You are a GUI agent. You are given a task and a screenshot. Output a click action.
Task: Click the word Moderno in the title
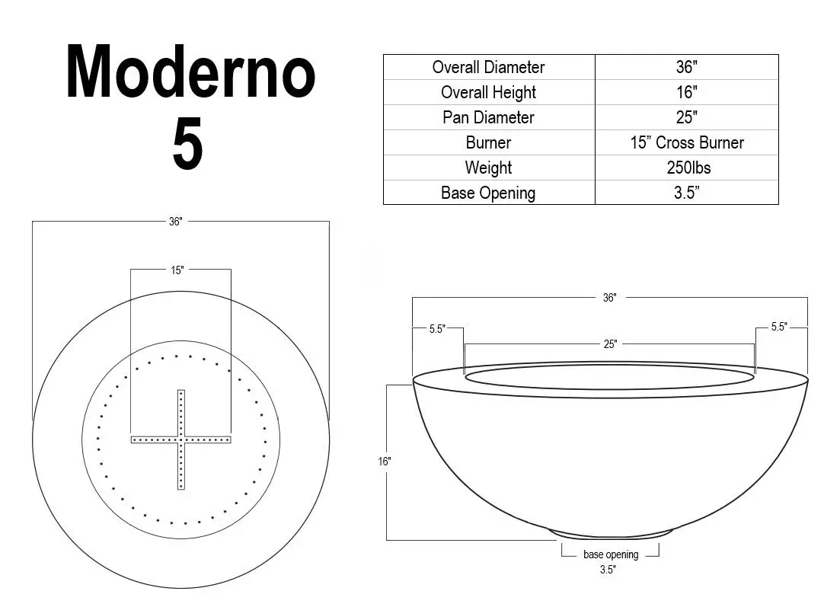coord(190,73)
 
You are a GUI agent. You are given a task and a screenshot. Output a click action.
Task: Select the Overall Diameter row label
coord(488,67)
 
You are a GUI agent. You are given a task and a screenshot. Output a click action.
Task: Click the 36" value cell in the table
coord(686,67)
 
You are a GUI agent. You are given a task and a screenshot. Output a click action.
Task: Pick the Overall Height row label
coord(488,92)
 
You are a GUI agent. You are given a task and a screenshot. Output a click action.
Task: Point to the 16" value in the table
coord(686,92)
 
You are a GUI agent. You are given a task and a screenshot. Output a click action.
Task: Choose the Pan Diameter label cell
coord(488,117)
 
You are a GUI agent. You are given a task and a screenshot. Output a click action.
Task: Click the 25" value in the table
coord(686,117)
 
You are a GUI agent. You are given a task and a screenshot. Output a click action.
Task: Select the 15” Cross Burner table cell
coord(686,142)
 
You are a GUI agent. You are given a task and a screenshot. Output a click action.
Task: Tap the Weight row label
coord(488,168)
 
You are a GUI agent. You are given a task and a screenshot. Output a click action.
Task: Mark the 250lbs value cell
coord(686,168)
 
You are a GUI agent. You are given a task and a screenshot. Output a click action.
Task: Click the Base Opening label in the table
coord(488,193)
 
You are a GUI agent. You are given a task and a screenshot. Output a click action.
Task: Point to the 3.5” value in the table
coord(686,193)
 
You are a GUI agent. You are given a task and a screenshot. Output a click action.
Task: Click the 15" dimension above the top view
coord(177,270)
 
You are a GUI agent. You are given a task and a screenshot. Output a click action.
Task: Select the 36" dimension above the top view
coord(176,222)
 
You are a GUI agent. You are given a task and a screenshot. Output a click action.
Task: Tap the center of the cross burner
coord(180,439)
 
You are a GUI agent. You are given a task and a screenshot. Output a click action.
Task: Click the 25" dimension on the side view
coord(610,344)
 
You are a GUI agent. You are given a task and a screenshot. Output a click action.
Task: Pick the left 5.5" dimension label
coord(436,329)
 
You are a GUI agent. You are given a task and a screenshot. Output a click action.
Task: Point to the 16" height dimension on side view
coord(384,462)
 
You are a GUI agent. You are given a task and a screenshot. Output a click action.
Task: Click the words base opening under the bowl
coord(611,554)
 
